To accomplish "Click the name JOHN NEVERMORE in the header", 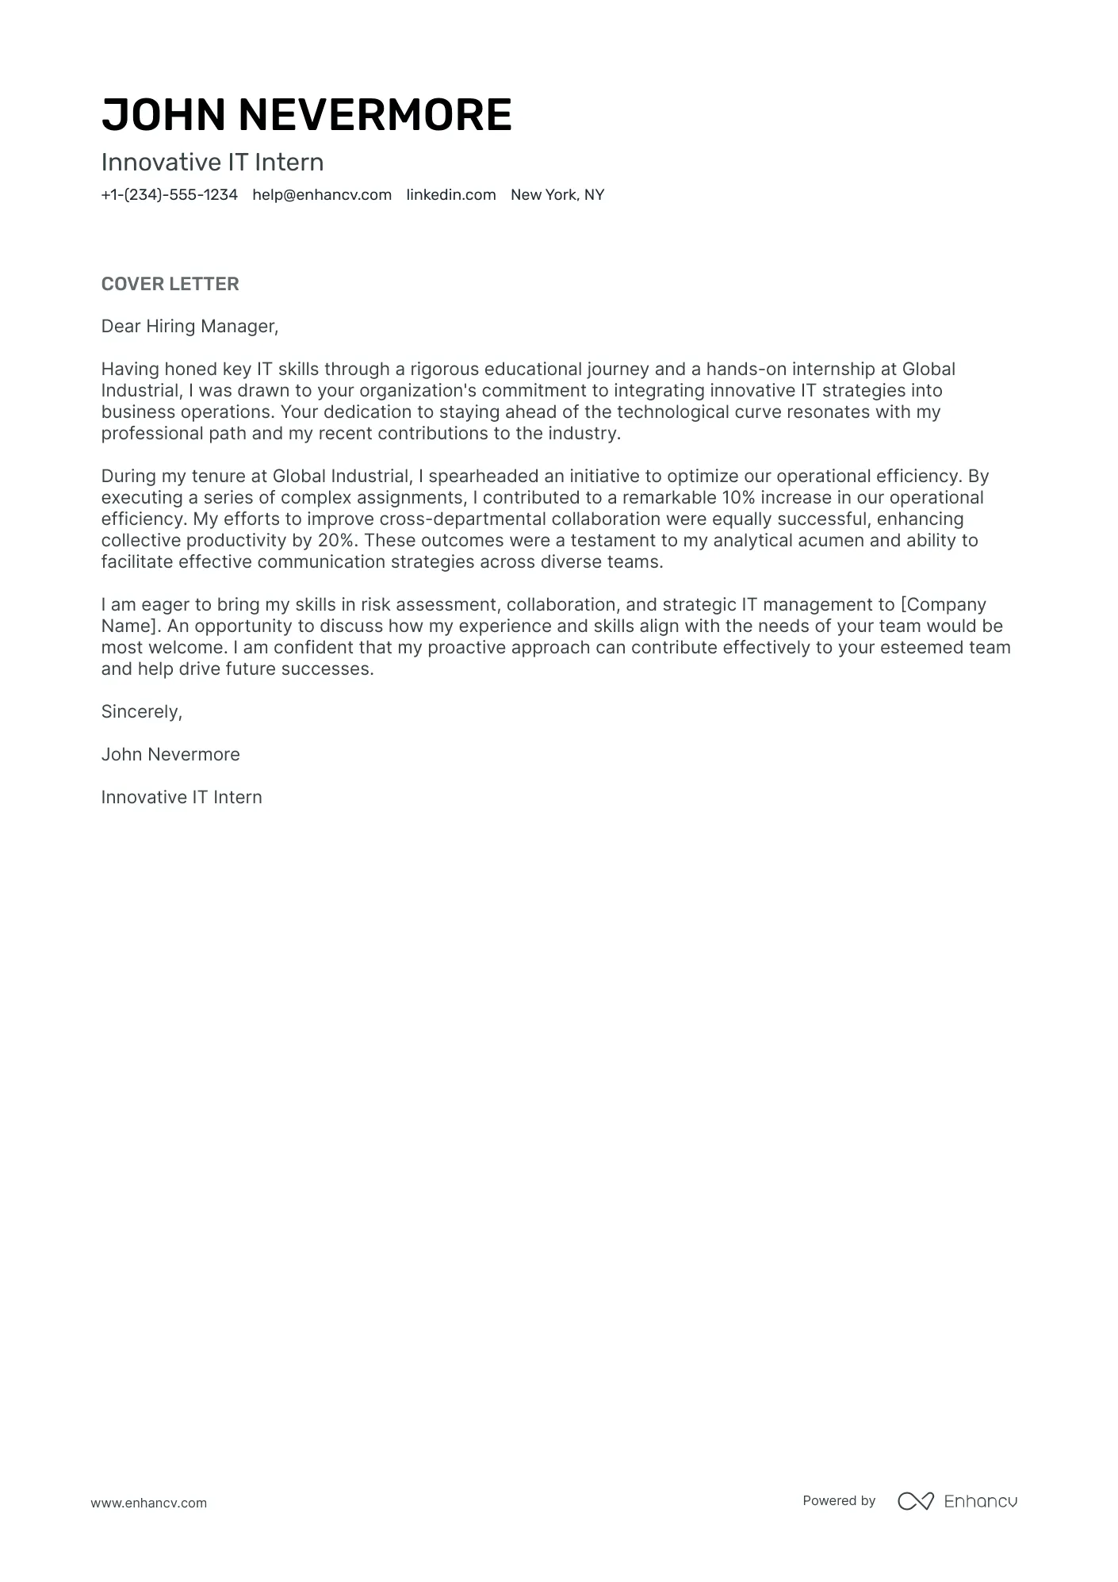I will tap(306, 114).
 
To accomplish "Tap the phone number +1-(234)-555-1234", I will tap(169, 195).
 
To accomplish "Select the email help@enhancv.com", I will tap(322, 195).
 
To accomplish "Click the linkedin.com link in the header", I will tap(451, 195).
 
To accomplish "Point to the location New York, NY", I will tap(557, 195).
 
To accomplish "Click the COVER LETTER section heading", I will tap(170, 284).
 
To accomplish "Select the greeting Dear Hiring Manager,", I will tap(190, 326).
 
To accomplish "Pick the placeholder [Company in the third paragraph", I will tap(944, 605).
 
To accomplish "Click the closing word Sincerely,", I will tap(141, 712).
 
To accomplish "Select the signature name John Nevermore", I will tap(170, 755).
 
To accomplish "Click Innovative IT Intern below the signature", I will tap(182, 798).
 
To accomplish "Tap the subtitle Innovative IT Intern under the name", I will tap(212, 163).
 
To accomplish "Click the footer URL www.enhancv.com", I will tap(148, 1503).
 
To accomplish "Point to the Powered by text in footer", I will tap(839, 1500).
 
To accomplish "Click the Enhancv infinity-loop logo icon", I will tap(915, 1501).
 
